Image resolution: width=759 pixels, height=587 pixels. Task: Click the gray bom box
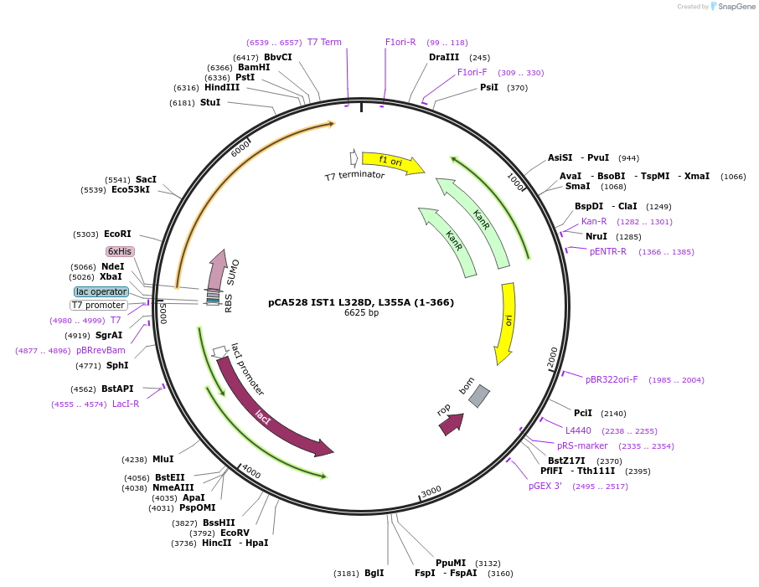pyautogui.click(x=478, y=395)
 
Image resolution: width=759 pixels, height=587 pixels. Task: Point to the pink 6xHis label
pyautogui.click(x=120, y=251)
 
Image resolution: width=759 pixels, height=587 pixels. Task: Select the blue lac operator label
pyautogui.click(x=101, y=291)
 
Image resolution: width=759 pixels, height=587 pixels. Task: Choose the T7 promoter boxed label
pyautogui.click(x=99, y=305)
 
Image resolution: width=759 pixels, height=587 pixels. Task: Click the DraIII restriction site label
pyautogui.click(x=444, y=58)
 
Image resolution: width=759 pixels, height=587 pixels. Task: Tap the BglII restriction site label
pyautogui.click(x=374, y=574)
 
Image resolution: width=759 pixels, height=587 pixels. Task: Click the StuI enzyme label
pyautogui.click(x=210, y=102)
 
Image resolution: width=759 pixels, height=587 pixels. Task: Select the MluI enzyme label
pyautogui.click(x=163, y=459)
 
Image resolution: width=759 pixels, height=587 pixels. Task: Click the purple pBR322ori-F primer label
pyautogui.click(x=611, y=379)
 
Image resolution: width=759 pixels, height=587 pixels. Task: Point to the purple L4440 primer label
pyautogui.click(x=578, y=430)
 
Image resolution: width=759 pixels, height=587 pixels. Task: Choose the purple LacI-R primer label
pyautogui.click(x=126, y=404)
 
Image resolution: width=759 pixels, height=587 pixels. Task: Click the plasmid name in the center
pyautogui.click(x=361, y=301)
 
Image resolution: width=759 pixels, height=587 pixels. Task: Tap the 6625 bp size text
pyautogui.click(x=361, y=313)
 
